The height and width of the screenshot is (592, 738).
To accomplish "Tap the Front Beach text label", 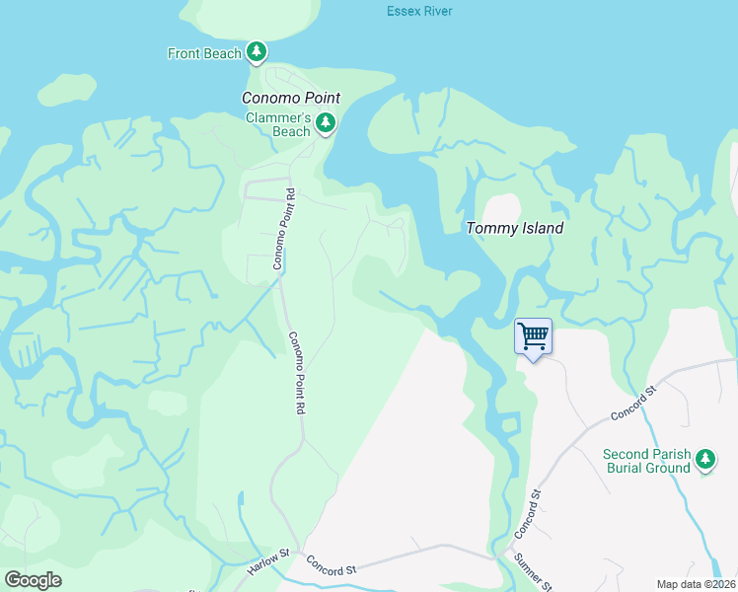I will click(x=204, y=53).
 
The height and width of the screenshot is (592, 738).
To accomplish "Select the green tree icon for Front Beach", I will click(x=257, y=50).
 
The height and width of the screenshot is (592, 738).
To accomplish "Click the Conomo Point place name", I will click(x=291, y=98).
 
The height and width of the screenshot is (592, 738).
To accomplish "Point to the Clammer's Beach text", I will click(x=278, y=124).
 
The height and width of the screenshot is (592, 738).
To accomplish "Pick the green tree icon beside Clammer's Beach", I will click(x=326, y=123).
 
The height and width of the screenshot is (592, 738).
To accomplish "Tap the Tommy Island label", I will click(x=514, y=228).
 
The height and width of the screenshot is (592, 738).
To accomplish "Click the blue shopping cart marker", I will click(x=533, y=337).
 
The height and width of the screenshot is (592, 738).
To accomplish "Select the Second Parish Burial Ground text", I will click(x=646, y=461).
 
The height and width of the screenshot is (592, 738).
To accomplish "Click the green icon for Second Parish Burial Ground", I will click(x=704, y=459).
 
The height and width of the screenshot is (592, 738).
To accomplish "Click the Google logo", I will click(x=33, y=580).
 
